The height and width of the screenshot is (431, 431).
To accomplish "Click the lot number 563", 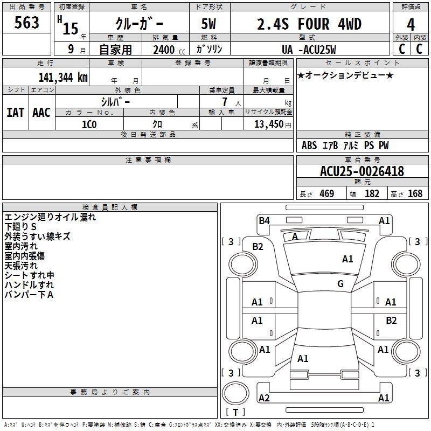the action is tap(26, 23).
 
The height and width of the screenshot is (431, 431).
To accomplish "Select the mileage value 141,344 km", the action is tap(63, 78).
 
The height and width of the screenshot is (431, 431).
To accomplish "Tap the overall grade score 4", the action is tap(411, 24).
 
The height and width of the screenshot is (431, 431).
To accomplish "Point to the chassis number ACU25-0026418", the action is tap(362, 171).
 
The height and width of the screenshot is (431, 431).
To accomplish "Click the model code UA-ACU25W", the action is tap(309, 50).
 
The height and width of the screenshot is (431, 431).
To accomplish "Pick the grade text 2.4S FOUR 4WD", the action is tap(309, 24).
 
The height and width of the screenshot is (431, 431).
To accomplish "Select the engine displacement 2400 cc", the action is tap(169, 50).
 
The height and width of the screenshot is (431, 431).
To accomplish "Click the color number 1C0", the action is tap(89, 124).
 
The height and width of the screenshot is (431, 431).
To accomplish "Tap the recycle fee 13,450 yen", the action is tap(273, 124).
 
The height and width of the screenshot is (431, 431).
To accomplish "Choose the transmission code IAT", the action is tap(16, 113).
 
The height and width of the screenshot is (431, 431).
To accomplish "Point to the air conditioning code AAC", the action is tap(41, 113).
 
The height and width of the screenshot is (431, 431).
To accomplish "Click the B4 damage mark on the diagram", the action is tap(264, 221).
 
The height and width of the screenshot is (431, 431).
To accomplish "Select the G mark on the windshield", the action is tap(340, 283).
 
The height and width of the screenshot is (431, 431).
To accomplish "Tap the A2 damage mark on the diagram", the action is tap(264, 398).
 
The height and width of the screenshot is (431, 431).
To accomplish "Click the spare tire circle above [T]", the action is tap(235, 393).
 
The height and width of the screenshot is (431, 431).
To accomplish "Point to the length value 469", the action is tap(327, 193).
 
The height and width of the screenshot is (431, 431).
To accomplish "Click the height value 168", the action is tap(415, 193).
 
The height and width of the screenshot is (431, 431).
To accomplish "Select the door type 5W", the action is tap(208, 24).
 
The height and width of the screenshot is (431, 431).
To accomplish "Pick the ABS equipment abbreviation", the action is tap(309, 145).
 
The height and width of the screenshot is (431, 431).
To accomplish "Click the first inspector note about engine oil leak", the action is tap(50, 217).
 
